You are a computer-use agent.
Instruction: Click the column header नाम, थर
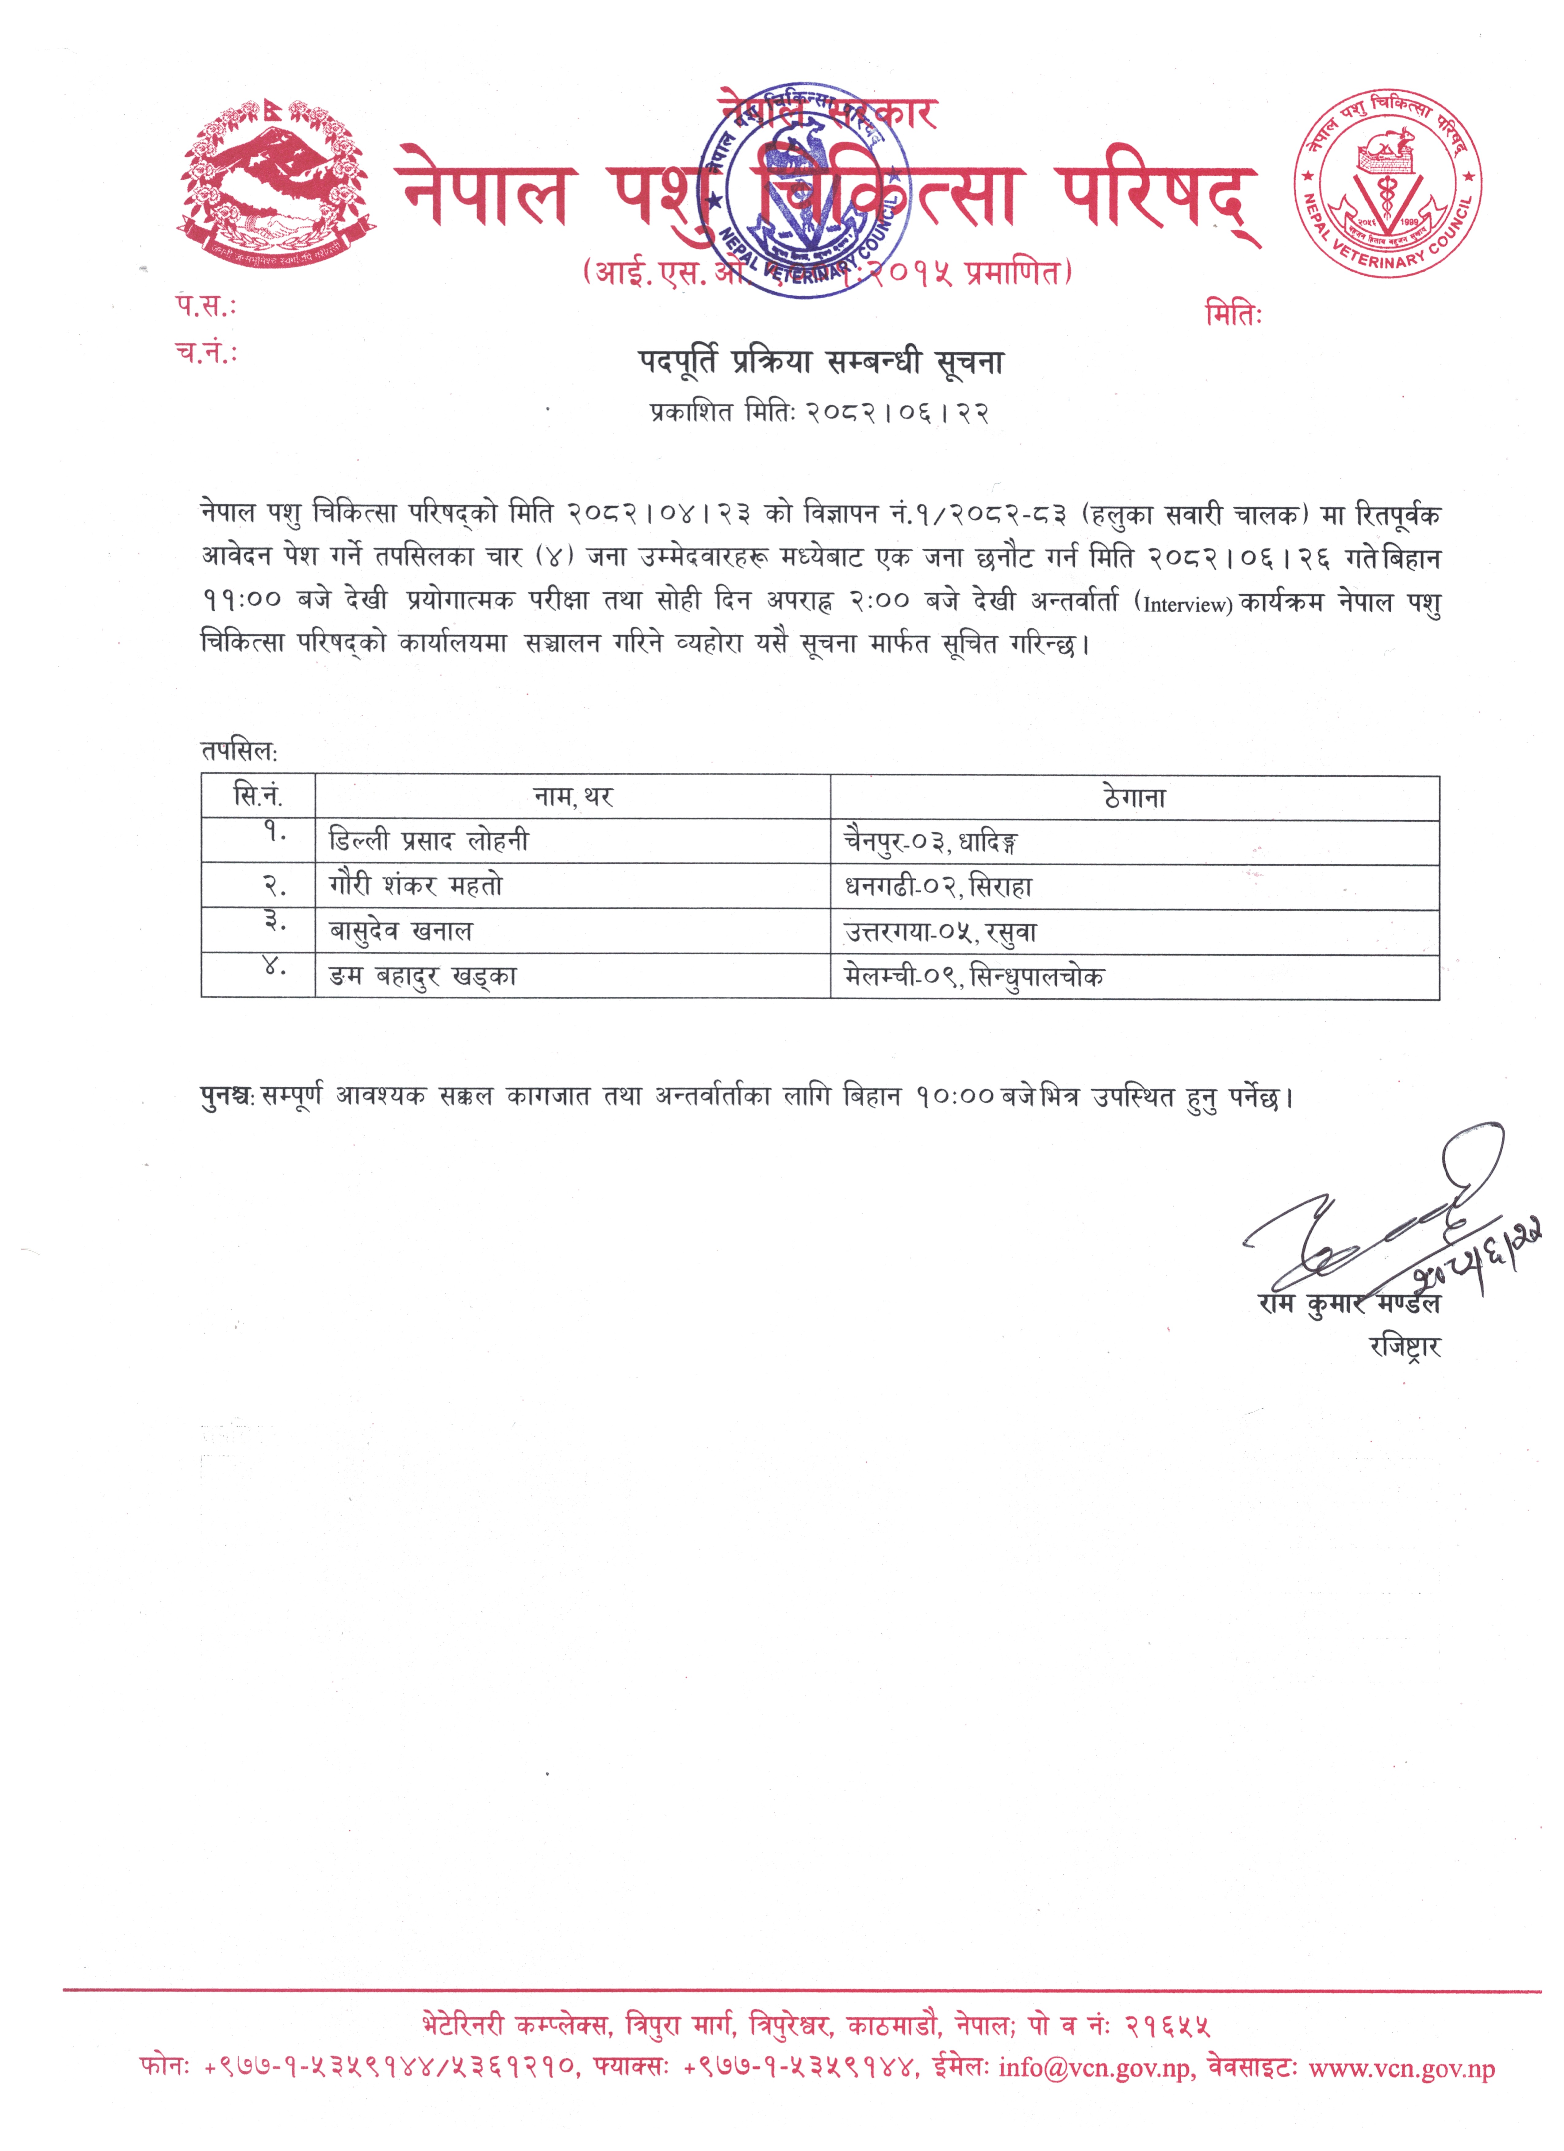pyautogui.click(x=573, y=797)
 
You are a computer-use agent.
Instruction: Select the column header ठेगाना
pyautogui.click(x=1134, y=798)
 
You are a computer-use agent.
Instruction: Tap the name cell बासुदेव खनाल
pyautogui.click(x=400, y=931)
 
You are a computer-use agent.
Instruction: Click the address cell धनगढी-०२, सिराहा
pyautogui.click(x=938, y=887)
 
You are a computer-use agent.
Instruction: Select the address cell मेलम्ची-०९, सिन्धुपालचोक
pyautogui.click(x=974, y=977)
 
